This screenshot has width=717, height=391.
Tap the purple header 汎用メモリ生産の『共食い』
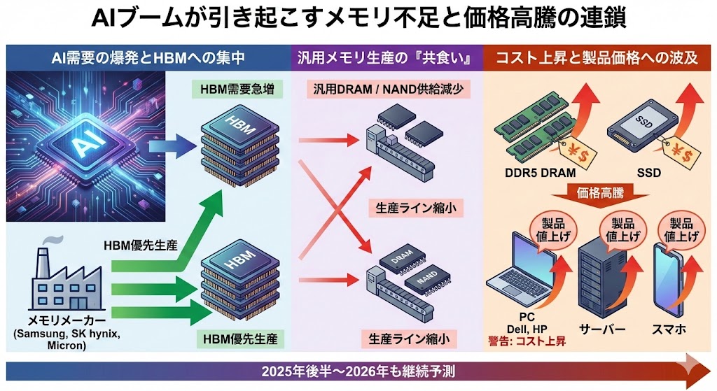coord(387,58)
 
